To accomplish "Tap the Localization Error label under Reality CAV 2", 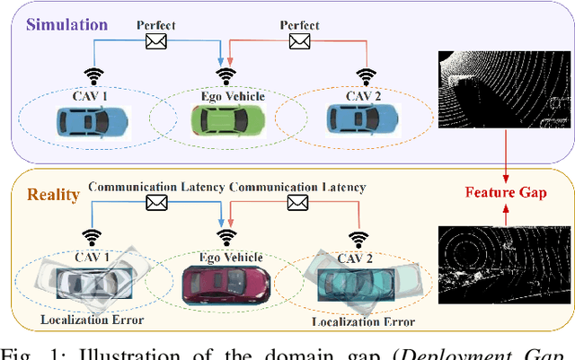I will pos(361,320).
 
